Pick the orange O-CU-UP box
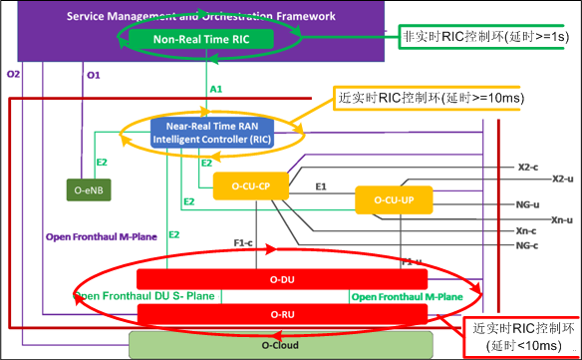pos(394,200)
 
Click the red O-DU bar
pos(281,278)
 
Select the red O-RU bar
pos(281,316)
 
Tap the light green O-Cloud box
pos(281,346)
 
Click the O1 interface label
pos(94,75)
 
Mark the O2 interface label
pos(13,75)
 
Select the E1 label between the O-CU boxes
pos(322,186)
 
